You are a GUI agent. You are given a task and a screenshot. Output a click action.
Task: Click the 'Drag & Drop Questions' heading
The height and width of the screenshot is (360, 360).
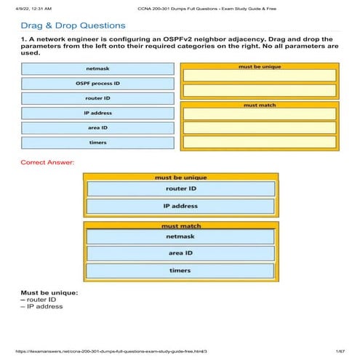click(x=73, y=26)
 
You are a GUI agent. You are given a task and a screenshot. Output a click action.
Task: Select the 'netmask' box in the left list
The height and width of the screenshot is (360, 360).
click(x=97, y=69)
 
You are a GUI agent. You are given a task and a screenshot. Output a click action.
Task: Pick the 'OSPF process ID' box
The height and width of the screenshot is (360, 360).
click(x=97, y=84)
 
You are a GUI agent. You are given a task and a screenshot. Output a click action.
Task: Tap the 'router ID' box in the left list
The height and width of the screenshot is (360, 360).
click(x=97, y=98)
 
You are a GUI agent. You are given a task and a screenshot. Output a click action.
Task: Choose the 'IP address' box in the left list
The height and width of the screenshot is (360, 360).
click(x=97, y=113)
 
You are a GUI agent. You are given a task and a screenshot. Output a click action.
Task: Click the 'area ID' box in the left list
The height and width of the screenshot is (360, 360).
click(x=97, y=127)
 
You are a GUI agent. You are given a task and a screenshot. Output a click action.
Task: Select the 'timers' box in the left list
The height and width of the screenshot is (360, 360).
click(x=97, y=142)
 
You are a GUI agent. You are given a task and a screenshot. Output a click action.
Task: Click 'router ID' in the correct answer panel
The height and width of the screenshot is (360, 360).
click(x=181, y=189)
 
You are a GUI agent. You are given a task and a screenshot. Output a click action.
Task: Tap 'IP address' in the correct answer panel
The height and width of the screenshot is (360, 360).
click(x=181, y=206)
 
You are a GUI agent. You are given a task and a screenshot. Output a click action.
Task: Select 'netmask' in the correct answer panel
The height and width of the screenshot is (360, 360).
click(x=181, y=236)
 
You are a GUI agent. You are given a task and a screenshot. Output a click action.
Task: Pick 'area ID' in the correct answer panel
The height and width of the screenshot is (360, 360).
click(x=181, y=253)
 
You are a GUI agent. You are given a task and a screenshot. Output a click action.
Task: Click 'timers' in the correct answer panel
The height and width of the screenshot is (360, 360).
click(x=181, y=271)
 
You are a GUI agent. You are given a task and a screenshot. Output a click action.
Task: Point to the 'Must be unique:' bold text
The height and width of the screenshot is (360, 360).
click(x=49, y=293)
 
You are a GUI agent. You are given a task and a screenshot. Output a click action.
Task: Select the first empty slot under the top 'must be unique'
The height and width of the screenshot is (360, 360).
click(x=259, y=75)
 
